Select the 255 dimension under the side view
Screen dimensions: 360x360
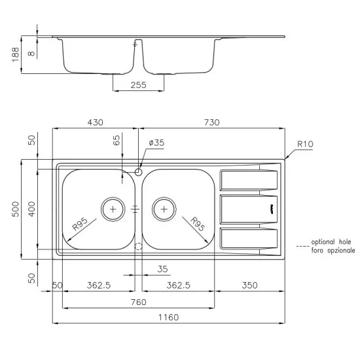click(x=138, y=84)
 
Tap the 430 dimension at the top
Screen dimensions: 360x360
click(x=96, y=122)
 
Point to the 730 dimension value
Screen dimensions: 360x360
click(x=211, y=122)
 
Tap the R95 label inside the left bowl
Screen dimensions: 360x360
click(x=81, y=226)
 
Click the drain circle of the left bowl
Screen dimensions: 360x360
click(x=113, y=209)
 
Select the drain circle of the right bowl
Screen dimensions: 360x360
click(x=164, y=209)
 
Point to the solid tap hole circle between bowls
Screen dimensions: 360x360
click(x=138, y=171)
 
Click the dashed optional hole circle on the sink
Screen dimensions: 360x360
click(x=138, y=247)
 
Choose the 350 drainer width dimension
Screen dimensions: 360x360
click(x=249, y=285)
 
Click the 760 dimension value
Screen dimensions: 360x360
click(x=138, y=302)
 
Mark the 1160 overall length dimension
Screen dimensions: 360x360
click(x=168, y=317)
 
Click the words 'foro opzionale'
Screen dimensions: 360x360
click(x=333, y=251)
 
